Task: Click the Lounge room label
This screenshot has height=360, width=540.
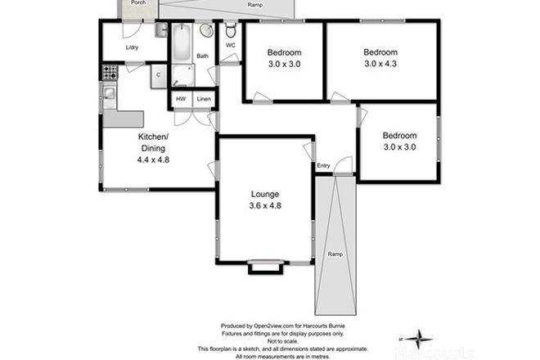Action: pos(265,194)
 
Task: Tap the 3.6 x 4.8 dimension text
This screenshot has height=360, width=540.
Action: pos(265,206)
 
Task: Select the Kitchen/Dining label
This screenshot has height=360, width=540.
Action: pos(153,142)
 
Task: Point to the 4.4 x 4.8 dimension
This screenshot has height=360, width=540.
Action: pos(153,160)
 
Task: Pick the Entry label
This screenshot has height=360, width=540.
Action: pos(324,166)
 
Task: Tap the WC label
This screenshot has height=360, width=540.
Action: pos(231,46)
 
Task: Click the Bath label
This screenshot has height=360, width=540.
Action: pos(202,56)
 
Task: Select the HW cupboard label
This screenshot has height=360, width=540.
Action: pos(180,100)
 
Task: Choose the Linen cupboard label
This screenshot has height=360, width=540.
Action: pos(204,100)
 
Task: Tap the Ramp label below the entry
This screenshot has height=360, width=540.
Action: pos(335,254)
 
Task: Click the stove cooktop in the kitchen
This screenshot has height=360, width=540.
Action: pos(108,74)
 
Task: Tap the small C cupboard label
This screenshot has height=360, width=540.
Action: pos(158,75)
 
